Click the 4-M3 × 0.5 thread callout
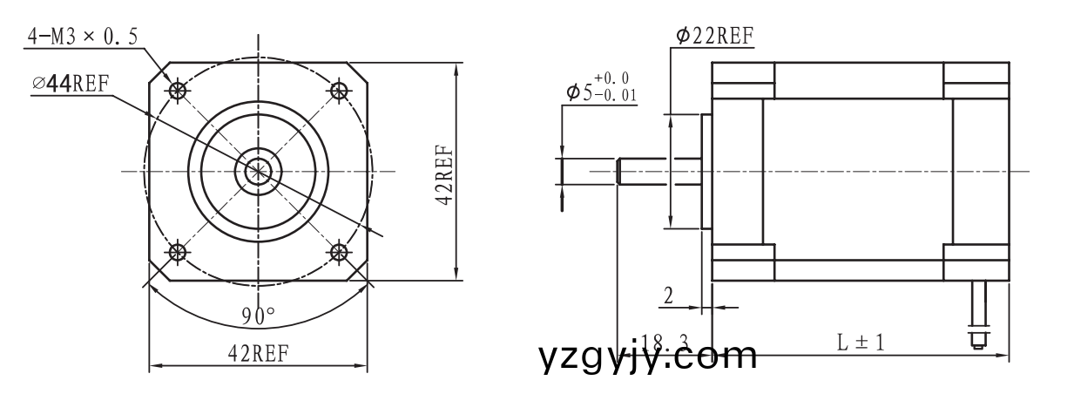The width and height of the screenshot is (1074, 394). [83, 37]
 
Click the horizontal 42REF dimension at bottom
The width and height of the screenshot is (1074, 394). [258, 353]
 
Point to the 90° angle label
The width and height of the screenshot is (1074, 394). [258, 315]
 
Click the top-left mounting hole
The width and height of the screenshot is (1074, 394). [179, 90]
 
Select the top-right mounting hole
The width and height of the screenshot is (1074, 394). [338, 90]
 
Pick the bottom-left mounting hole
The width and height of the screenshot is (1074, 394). [179, 253]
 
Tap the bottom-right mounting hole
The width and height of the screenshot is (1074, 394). [338, 253]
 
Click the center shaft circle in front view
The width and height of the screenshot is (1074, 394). [258, 171]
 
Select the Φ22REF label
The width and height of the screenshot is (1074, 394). [714, 36]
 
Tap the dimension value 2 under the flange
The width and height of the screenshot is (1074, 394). [668, 295]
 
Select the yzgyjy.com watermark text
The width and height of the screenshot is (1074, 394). [648, 357]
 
